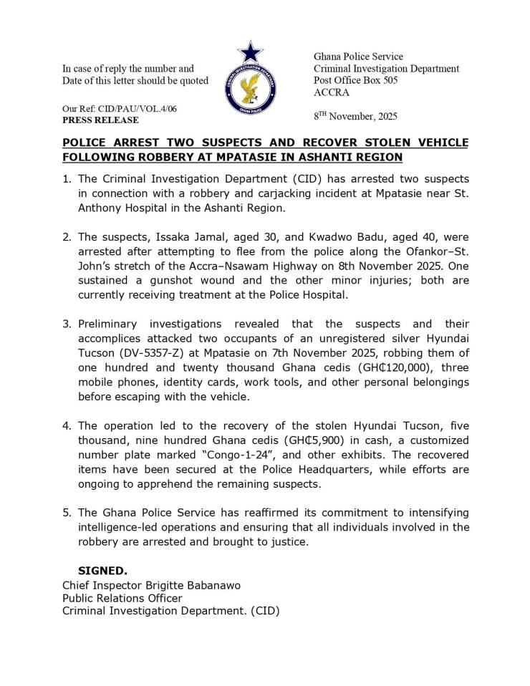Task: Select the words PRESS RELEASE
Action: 100,120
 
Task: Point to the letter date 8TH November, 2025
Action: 355,115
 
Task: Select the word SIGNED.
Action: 102,571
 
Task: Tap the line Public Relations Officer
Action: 122,598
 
